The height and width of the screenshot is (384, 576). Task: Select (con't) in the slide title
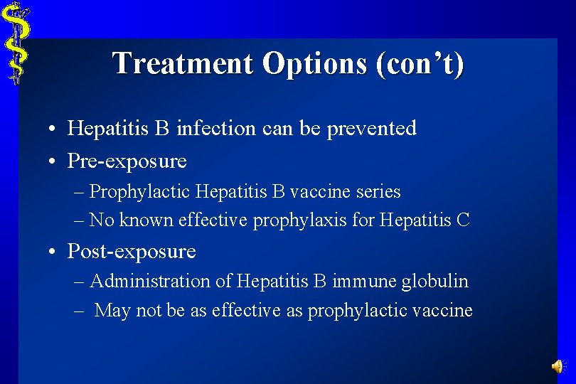[x=422, y=63]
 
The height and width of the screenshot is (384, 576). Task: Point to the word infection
[x=215, y=129]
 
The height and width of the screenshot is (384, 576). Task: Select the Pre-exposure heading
[x=127, y=161]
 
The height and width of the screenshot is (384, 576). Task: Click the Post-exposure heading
[x=131, y=252]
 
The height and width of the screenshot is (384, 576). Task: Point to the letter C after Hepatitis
[x=463, y=220]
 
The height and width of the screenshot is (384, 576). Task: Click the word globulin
[x=434, y=282]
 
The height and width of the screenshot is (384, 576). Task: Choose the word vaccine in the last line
[x=444, y=311]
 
